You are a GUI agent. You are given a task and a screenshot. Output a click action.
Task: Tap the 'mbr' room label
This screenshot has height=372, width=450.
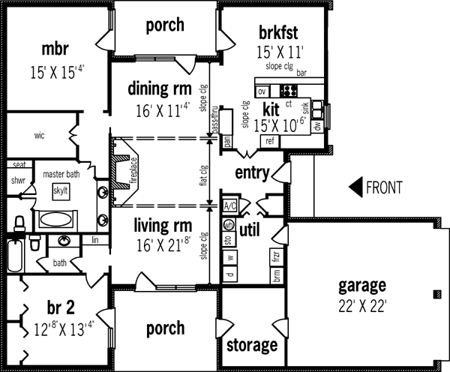pyautogui.click(x=55, y=50)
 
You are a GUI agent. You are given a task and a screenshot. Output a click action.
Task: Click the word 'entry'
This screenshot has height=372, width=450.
pyautogui.click(x=252, y=173)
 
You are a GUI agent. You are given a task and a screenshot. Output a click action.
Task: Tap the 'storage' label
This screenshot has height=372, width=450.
pyautogui.click(x=252, y=346)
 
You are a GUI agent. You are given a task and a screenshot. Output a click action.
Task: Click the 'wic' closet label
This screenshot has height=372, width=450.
pyautogui.click(x=39, y=136)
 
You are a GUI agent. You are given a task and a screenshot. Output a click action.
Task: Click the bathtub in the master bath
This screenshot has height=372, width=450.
pyautogui.click(x=57, y=220)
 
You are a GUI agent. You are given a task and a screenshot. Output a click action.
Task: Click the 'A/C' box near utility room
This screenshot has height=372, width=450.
pyautogui.click(x=230, y=205)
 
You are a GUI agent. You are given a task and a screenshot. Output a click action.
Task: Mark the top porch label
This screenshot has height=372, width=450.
pyautogui.click(x=165, y=25)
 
